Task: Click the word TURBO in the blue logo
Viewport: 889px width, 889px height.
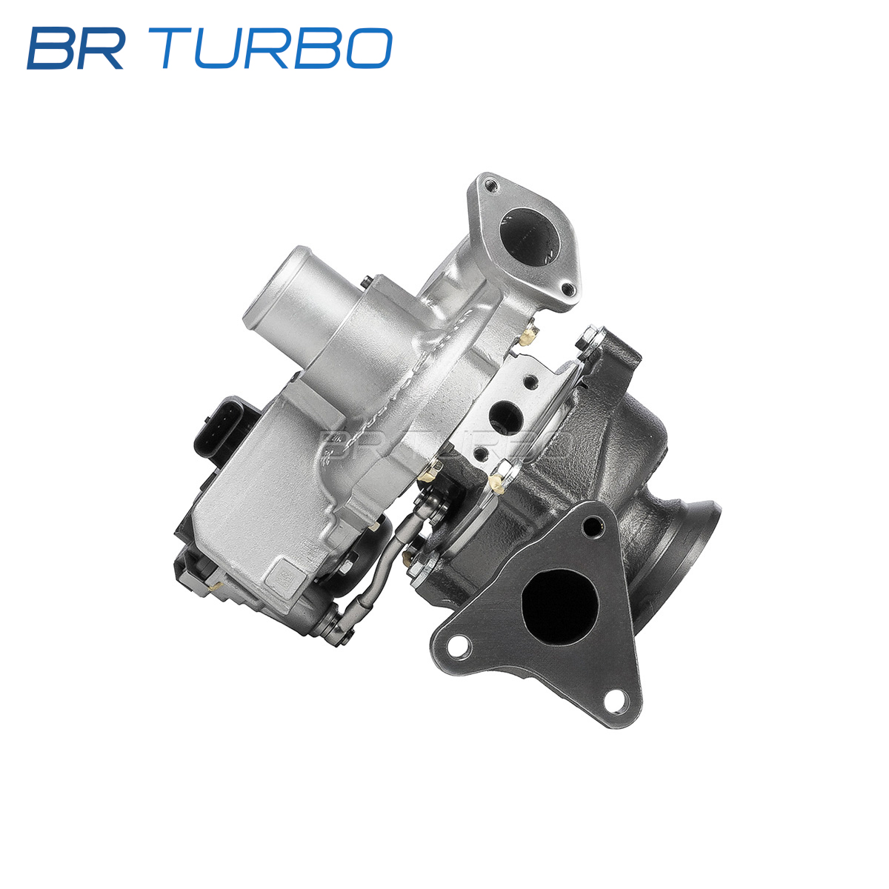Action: coord(276,48)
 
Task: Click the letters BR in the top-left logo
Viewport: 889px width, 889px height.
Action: coord(76,48)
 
